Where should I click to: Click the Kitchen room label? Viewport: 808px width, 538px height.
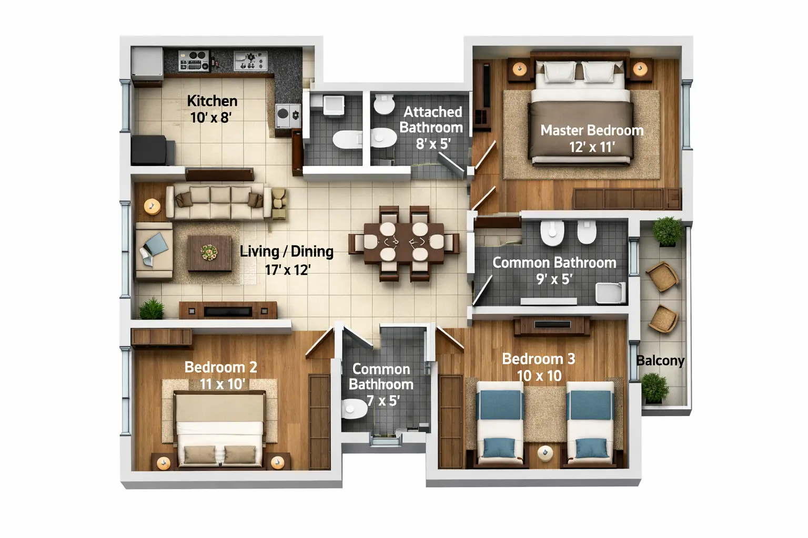[x=212, y=101]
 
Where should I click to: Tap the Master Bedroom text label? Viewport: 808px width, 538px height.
[x=592, y=130]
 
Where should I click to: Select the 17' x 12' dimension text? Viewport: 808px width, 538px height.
[x=287, y=270]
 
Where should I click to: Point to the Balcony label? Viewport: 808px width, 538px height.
[x=660, y=360]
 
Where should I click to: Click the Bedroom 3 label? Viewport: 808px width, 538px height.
[x=538, y=359]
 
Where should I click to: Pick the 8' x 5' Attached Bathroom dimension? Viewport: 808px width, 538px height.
[x=433, y=143]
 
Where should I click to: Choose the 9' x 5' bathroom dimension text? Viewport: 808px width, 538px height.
[x=553, y=279]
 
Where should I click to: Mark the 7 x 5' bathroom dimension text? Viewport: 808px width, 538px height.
[x=382, y=401]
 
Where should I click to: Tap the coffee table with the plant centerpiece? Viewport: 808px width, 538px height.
[x=209, y=253]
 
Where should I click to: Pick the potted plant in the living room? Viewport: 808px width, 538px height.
[x=151, y=308]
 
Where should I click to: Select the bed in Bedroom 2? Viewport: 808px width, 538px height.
[x=219, y=428]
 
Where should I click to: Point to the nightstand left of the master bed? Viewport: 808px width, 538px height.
[x=519, y=69]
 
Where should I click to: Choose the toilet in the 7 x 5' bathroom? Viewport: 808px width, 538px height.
[x=354, y=408]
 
